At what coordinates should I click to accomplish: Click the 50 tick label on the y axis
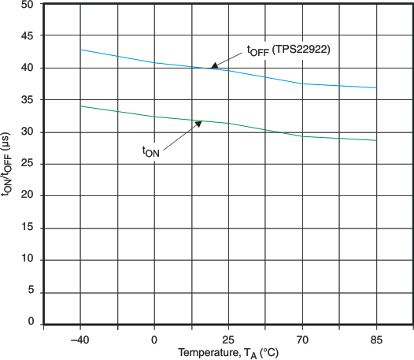27,5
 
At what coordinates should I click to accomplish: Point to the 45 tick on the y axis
27,36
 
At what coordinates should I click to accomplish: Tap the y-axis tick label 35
27,100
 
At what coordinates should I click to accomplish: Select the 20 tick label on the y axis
27,195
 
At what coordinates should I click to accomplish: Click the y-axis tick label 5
30,291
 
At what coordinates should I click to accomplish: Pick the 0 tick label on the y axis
30,323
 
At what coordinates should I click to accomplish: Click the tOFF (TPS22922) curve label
288,50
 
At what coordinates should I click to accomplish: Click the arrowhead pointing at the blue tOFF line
213,67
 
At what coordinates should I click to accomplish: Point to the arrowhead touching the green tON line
199,123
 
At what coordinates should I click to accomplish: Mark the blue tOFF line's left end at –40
80,50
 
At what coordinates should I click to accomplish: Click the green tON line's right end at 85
376,140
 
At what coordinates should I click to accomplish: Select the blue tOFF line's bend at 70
302,84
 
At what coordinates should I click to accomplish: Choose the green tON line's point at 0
154,117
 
